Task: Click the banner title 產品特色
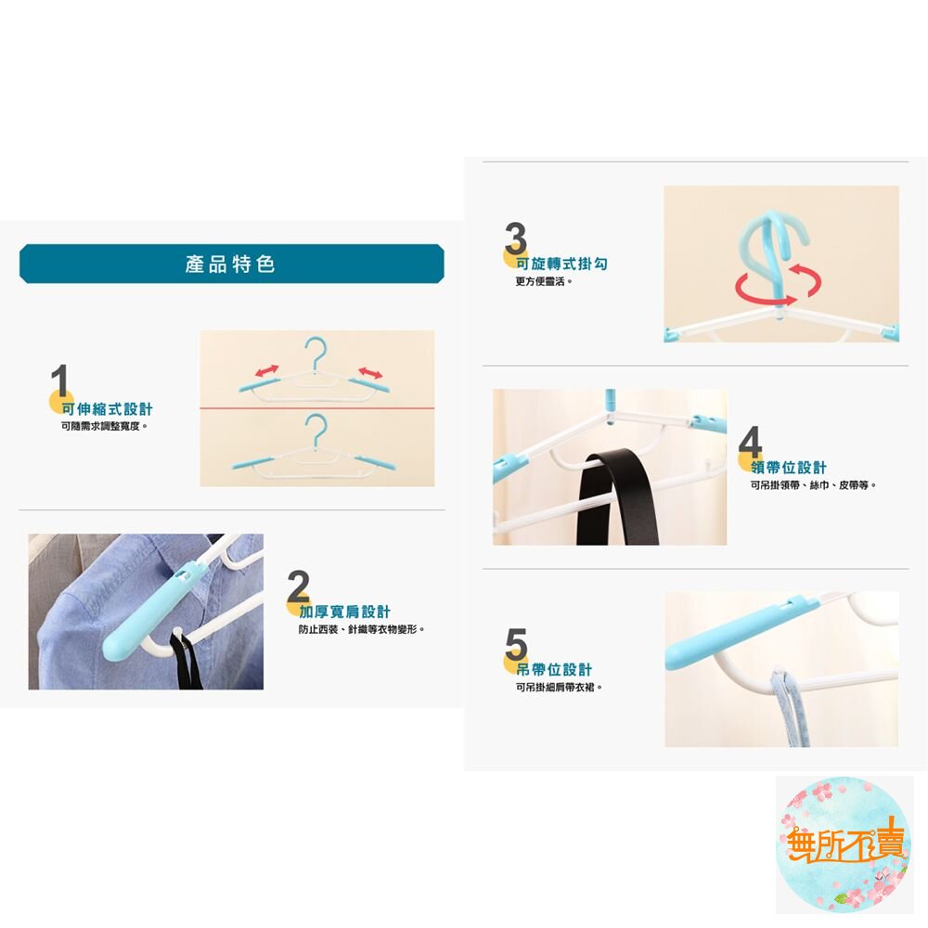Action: coord(230,264)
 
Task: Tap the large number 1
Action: coord(59,380)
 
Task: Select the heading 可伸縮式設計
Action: coord(107,409)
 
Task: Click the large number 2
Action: coord(298,586)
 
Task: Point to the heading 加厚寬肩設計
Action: coord(344,612)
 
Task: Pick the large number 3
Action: coord(515,238)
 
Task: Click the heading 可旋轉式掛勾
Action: coord(561,264)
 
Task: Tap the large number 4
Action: coord(750,442)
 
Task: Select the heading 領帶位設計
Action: coord(788,468)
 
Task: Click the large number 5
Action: coord(516,644)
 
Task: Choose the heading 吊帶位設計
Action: coord(554,669)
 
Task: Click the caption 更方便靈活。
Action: coord(544,282)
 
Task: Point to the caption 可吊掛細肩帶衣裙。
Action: coord(559,687)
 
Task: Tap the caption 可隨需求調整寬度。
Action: coord(104,426)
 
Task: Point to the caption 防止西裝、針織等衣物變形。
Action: coord(362,629)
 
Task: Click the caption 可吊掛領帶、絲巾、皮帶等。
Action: coord(813,485)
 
